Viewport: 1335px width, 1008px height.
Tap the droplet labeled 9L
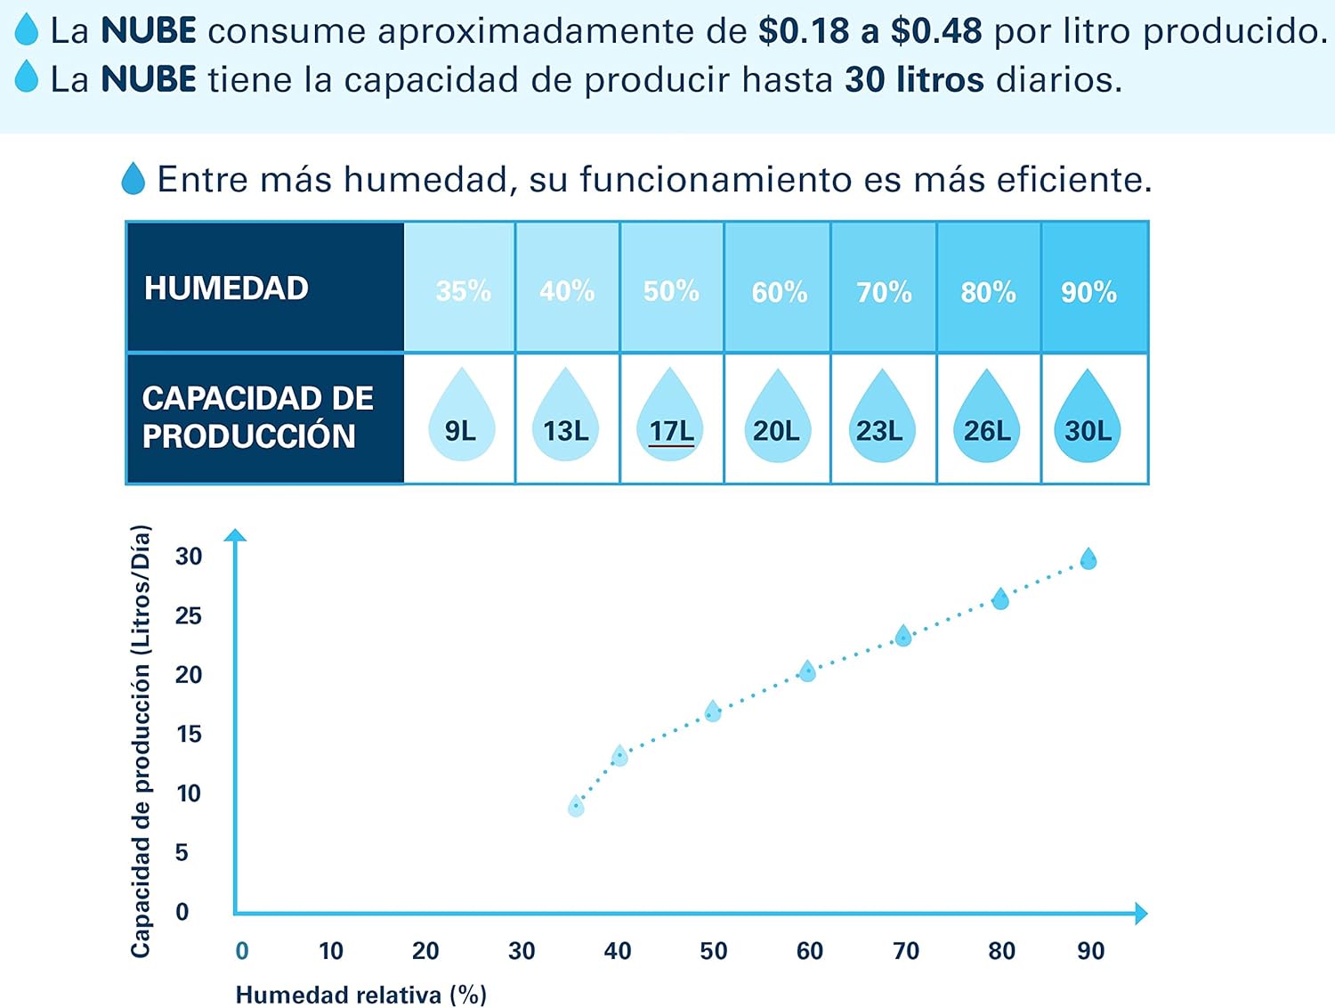pyautogui.click(x=460, y=419)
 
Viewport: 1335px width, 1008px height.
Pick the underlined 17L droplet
pyautogui.click(x=671, y=419)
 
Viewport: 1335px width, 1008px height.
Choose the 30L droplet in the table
pyautogui.click(x=1088, y=419)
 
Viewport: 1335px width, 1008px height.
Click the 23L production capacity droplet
pyautogui.click(x=880, y=419)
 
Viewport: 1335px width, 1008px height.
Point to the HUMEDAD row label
pyautogui.click(x=227, y=288)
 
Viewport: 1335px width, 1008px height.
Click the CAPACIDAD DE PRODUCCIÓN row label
pyautogui.click(x=257, y=417)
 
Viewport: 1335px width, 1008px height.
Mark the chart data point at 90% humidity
pyautogui.click(x=1088, y=559)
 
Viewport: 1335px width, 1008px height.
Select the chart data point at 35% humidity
pyautogui.click(x=576, y=807)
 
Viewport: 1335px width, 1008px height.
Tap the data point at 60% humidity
pyautogui.click(x=807, y=671)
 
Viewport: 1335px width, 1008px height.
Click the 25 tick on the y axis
pyautogui.click(x=188, y=615)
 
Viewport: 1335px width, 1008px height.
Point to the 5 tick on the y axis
pyautogui.click(x=182, y=852)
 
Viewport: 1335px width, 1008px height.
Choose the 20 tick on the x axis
pyautogui.click(x=425, y=951)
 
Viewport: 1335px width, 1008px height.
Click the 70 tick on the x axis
pyautogui.click(x=905, y=951)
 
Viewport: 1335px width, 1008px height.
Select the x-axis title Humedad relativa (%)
pyautogui.click(x=361, y=994)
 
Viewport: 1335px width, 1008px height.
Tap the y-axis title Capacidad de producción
pyautogui.click(x=141, y=741)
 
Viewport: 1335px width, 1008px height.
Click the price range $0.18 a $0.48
pyautogui.click(x=870, y=31)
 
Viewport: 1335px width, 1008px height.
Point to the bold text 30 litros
pyautogui.click(x=914, y=79)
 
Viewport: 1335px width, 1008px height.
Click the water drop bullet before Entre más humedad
pyautogui.click(x=133, y=179)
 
